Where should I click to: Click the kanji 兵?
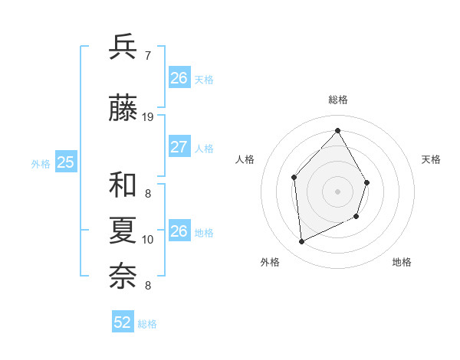(123, 47)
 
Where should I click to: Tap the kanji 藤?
(123, 109)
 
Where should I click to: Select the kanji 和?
(123, 185)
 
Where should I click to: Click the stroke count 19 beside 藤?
(148, 117)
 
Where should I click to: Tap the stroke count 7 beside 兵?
(147, 55)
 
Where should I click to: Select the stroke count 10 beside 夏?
(148, 239)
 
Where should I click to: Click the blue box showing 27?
(179, 147)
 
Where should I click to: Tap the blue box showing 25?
(65, 162)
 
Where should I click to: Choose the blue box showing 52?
(123, 322)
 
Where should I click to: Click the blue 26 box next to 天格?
(179, 77)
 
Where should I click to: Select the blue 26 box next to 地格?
(179, 231)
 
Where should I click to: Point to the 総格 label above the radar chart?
(337, 100)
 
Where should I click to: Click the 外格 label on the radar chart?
(270, 262)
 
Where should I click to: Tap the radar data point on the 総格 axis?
(337, 130)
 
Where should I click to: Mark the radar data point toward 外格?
(301, 242)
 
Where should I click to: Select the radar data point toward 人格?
(294, 178)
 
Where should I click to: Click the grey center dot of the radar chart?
(337, 191)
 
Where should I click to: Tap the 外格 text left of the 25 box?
(41, 163)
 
